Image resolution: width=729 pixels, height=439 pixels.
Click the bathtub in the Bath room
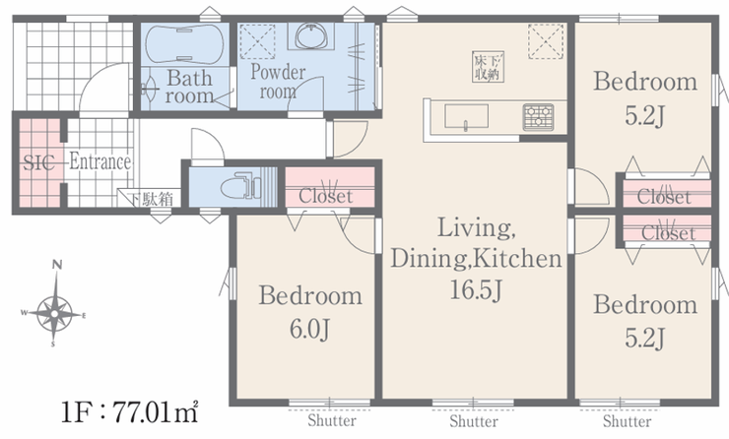(x=184, y=44)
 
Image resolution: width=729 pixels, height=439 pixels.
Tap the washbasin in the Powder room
(x=311, y=36)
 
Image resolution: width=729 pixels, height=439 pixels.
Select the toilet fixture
(x=240, y=186)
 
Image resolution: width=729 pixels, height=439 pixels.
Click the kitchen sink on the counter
(x=466, y=116)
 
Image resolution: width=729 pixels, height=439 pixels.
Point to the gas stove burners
(x=538, y=116)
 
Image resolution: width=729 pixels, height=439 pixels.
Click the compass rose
(x=54, y=314)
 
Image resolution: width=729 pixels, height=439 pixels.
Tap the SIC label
(x=38, y=163)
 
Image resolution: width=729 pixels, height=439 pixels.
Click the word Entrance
(x=99, y=162)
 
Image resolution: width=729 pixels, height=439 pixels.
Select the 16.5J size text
(x=476, y=290)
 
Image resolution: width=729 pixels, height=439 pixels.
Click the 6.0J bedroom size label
(x=310, y=330)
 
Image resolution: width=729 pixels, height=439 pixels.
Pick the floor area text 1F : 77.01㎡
(x=130, y=411)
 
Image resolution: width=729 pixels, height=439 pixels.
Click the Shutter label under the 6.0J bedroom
(x=331, y=421)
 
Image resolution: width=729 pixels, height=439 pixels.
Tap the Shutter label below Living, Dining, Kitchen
(x=473, y=421)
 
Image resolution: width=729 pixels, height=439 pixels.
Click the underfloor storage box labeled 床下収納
(x=488, y=67)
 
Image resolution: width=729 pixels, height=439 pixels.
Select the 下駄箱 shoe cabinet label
(x=151, y=199)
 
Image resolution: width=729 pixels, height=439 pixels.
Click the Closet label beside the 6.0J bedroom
(x=325, y=196)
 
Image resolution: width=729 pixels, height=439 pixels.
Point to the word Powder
(x=278, y=73)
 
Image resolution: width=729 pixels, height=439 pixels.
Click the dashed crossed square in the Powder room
(x=257, y=41)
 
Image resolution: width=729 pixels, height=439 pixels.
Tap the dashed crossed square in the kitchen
(x=546, y=41)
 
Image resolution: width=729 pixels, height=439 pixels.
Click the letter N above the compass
(x=57, y=265)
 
